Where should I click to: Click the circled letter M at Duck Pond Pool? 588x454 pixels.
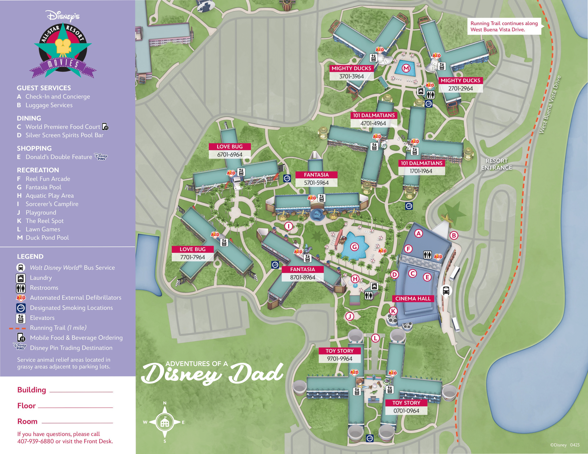(x=406, y=68)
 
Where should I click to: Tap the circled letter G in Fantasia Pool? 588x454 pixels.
(x=354, y=247)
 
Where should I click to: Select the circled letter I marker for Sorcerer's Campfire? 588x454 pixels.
(x=289, y=226)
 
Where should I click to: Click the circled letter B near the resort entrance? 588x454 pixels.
(x=454, y=235)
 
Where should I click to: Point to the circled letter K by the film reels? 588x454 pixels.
(x=393, y=311)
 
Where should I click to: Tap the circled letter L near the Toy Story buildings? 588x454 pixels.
(x=375, y=338)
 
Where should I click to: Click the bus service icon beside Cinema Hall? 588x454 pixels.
(x=446, y=290)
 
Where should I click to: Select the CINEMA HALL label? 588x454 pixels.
(x=413, y=298)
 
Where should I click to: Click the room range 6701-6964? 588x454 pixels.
(x=230, y=155)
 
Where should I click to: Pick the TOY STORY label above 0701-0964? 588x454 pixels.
(x=406, y=403)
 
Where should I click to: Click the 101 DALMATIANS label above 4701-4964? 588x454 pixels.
(x=374, y=115)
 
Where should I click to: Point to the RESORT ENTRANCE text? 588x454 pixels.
(x=497, y=164)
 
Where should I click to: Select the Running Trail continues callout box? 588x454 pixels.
(x=504, y=26)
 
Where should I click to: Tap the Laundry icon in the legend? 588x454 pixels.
(x=21, y=278)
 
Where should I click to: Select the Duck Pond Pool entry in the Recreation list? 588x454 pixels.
(x=47, y=238)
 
